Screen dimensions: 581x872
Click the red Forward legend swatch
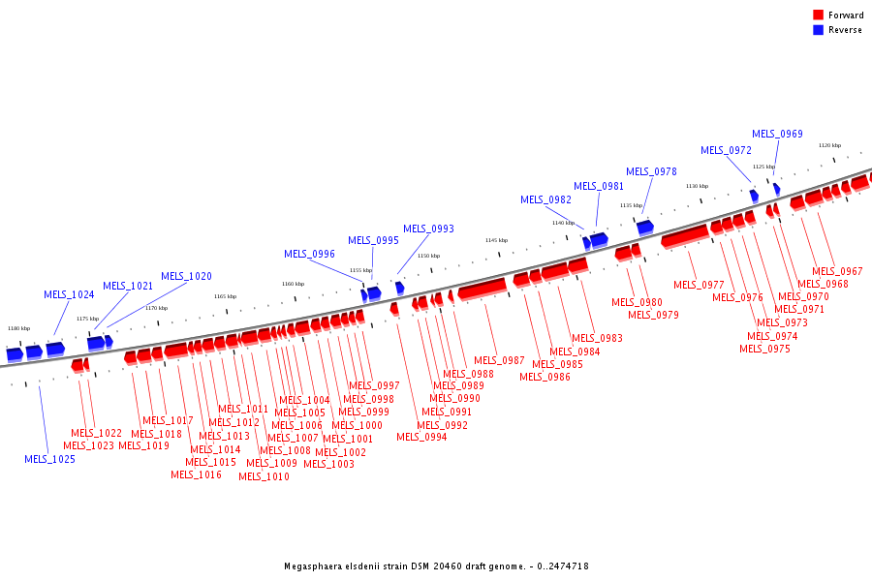coord(819,15)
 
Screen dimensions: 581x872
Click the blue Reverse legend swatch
coord(819,30)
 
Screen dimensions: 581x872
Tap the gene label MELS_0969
coord(777,134)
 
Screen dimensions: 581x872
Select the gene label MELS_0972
coord(726,150)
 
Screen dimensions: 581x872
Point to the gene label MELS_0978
coord(651,171)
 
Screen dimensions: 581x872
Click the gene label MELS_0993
coord(428,229)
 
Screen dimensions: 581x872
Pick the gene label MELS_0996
coord(309,254)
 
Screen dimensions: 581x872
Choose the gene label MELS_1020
coord(186,276)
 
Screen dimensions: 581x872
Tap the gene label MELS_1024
coord(69,294)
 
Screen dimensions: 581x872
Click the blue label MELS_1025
coord(49,459)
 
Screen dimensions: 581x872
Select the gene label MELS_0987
coord(499,360)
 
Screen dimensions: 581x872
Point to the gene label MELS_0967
coord(837,271)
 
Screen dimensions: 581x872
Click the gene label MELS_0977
coord(699,285)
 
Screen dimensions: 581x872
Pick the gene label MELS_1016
coord(196,474)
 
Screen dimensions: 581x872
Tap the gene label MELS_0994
coord(421,437)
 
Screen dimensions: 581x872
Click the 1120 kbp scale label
coord(829,145)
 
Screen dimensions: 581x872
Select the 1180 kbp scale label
coord(18,328)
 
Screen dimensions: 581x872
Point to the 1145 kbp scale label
coord(496,240)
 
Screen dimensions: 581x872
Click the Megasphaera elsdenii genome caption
coord(436,566)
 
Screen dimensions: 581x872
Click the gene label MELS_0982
coord(545,199)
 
